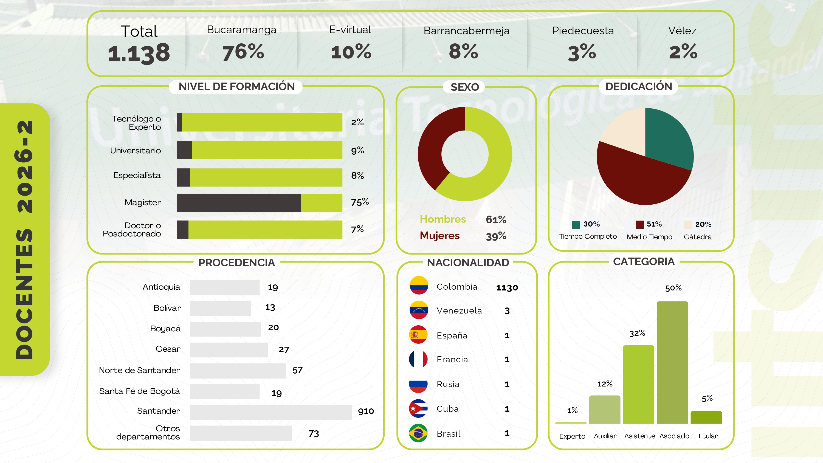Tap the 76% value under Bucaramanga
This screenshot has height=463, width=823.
[x=243, y=52]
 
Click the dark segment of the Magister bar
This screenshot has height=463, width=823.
[x=239, y=203]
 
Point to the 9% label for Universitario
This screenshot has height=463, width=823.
[x=357, y=150]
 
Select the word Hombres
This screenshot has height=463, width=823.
[x=443, y=219]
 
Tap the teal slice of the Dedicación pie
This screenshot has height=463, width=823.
[x=668, y=137]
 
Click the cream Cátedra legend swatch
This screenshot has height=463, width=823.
[x=687, y=225]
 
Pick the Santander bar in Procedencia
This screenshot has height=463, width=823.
[x=270, y=412]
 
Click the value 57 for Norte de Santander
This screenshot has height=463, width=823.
[x=297, y=370]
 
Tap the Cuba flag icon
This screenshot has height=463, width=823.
[x=418, y=408]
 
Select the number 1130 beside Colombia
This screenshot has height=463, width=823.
[x=507, y=287]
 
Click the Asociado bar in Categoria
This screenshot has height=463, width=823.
[x=672, y=362]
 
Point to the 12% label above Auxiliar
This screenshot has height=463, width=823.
[x=605, y=384]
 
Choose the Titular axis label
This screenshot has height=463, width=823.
[x=707, y=436]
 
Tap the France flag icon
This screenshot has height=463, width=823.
[x=418, y=359]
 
